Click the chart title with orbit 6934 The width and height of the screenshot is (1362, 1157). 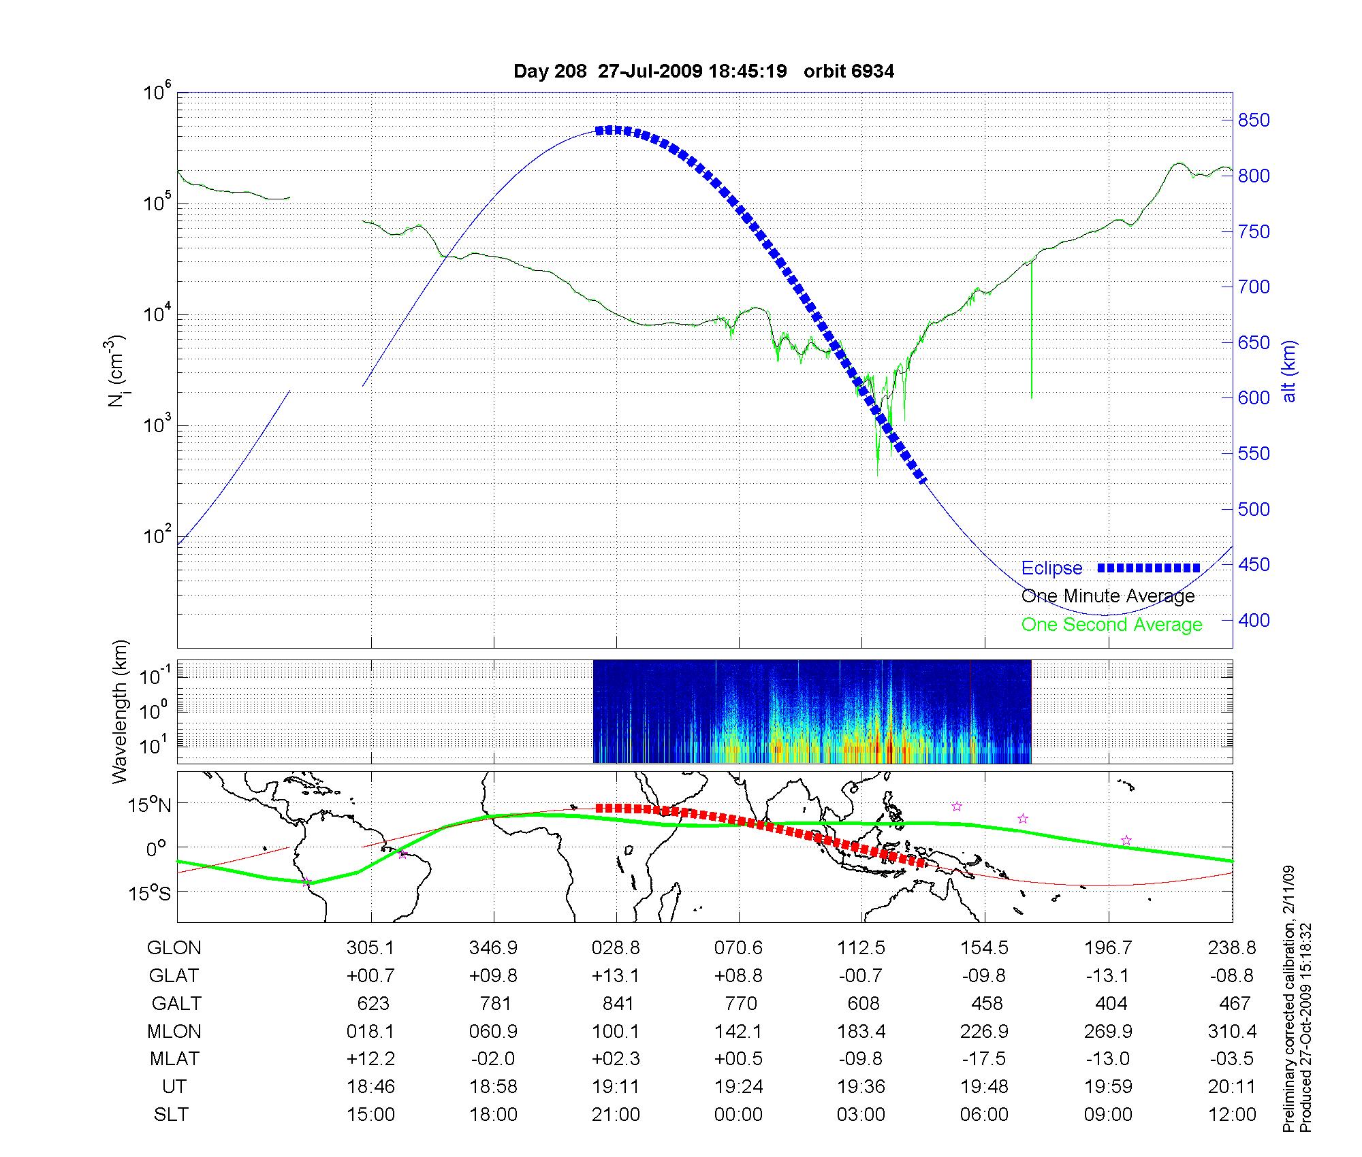click(x=703, y=71)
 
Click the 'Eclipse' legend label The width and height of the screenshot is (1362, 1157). click(x=1051, y=568)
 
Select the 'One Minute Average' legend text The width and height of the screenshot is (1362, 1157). click(x=1108, y=596)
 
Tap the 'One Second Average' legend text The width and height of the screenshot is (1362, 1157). click(x=1111, y=625)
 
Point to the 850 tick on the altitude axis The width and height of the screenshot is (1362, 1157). click(x=1254, y=120)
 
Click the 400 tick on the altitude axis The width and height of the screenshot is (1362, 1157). click(x=1254, y=620)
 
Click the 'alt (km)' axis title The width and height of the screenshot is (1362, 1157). click(x=1289, y=371)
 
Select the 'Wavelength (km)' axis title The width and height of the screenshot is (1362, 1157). click(x=121, y=712)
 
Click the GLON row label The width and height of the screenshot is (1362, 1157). click(x=174, y=948)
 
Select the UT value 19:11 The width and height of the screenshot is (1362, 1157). click(x=616, y=1087)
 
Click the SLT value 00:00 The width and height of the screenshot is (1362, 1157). click(x=738, y=1115)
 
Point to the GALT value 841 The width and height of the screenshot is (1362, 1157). click(x=618, y=1004)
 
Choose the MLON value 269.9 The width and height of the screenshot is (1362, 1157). click(x=1108, y=1032)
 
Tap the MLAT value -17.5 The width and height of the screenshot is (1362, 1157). click(x=984, y=1059)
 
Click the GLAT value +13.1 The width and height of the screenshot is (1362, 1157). click(x=616, y=976)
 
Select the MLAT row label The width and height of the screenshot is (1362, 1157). click(x=174, y=1059)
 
